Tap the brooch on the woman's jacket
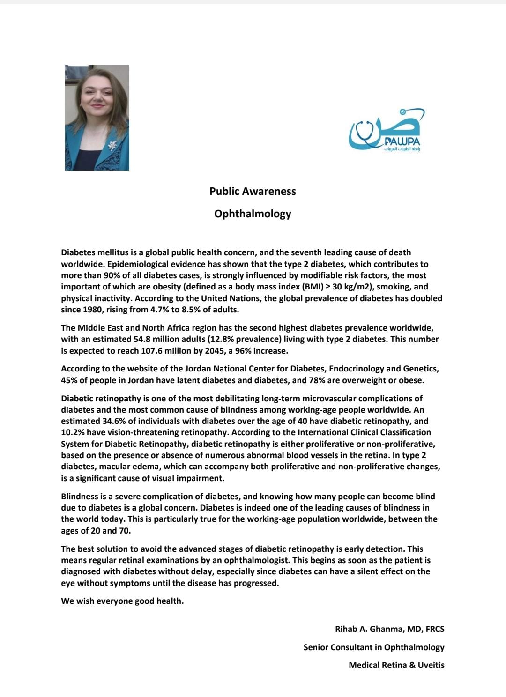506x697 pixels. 112,145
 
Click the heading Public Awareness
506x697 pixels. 253,191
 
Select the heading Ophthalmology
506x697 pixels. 253,214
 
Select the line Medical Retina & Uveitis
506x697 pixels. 396,665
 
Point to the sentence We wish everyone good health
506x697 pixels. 122,601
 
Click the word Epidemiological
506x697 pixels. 136,264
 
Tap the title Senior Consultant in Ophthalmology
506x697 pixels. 373,647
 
